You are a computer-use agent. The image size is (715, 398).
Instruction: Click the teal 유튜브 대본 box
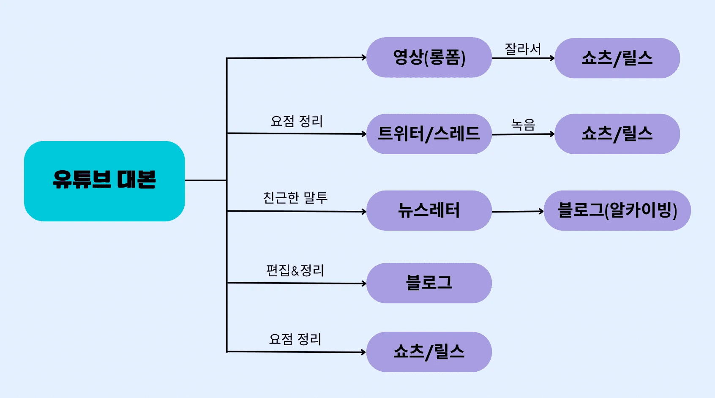tap(104, 181)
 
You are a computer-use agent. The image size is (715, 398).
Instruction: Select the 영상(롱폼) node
tap(429, 57)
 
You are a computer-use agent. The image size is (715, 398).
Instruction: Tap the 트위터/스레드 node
tap(429, 134)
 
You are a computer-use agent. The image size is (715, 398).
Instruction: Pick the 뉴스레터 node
tap(429, 210)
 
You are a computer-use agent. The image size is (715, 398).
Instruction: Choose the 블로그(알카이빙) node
tap(617, 210)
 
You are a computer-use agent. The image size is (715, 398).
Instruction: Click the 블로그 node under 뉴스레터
tap(429, 283)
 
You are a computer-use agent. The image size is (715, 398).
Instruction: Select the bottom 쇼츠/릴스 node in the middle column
tap(429, 352)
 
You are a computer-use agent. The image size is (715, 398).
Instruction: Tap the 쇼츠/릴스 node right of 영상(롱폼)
tap(617, 58)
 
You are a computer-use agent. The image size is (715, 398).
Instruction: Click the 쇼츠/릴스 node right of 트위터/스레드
tap(617, 134)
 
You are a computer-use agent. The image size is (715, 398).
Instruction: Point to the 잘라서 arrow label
tap(523, 49)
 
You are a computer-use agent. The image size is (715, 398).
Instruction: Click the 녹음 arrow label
tap(523, 125)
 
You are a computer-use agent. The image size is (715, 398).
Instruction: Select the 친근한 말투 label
tap(295, 197)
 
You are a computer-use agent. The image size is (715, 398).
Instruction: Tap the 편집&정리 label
tap(295, 270)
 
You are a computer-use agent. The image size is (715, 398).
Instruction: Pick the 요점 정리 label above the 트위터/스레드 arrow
tap(297, 121)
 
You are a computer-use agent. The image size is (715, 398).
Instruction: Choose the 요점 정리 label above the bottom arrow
tap(295, 339)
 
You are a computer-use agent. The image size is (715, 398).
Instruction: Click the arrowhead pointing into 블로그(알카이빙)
tap(542, 211)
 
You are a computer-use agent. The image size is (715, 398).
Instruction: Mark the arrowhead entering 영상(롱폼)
tap(364, 57)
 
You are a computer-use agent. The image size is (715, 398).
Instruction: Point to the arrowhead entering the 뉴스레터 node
tap(364, 211)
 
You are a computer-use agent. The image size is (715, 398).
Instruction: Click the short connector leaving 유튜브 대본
tap(206, 180)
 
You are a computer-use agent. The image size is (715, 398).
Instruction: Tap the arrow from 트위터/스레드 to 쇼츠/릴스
tap(523, 134)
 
